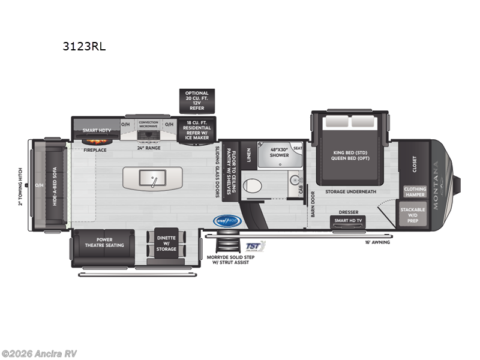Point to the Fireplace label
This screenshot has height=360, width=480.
(x=95, y=149)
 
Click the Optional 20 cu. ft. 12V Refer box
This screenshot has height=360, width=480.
(x=197, y=101)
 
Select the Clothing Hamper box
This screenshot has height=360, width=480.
(x=415, y=192)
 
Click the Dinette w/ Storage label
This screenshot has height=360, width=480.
(x=166, y=242)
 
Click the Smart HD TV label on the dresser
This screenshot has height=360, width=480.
(x=349, y=221)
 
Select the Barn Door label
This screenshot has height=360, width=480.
(x=312, y=204)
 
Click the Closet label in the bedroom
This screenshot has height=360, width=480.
(x=414, y=163)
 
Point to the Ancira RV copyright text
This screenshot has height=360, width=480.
(x=39, y=353)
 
